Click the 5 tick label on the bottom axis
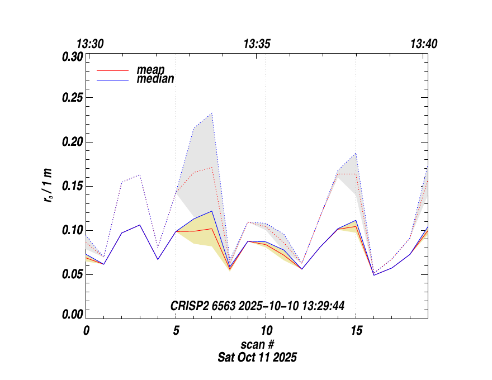[176, 330]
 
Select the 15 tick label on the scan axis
[356, 330]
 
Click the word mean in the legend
[151, 70]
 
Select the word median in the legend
[155, 79]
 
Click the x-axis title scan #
[257, 344]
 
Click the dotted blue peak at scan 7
[212, 113]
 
